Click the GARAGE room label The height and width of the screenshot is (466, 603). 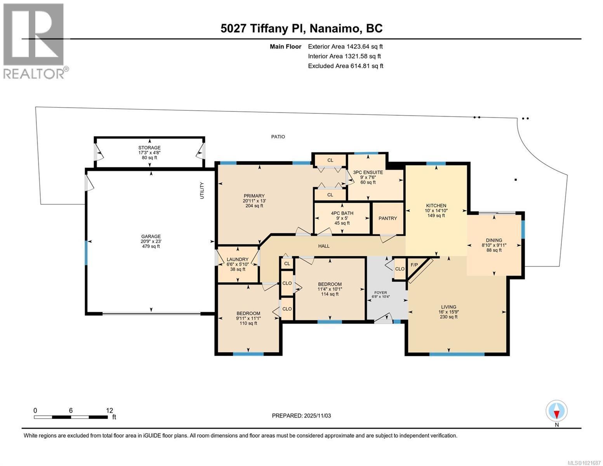pos(151,236)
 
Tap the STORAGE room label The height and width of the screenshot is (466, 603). pos(149,148)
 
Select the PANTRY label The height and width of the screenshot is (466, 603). pos(388,218)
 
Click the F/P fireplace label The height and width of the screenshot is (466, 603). pos(414,265)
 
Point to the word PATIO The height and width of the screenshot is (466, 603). pos(278,137)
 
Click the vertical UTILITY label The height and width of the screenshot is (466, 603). pos(202,191)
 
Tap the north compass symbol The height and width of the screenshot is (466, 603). pos(556,411)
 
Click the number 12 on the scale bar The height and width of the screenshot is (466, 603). pos(109,410)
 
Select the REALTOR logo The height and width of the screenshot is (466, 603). pos(34,41)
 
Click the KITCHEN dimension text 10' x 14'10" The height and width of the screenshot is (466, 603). pos(436,210)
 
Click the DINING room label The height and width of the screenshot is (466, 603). pos(494,240)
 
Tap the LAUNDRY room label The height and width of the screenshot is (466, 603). pos(237,259)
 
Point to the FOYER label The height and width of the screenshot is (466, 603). pos(380,292)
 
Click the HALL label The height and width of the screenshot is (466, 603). pos(324,246)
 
